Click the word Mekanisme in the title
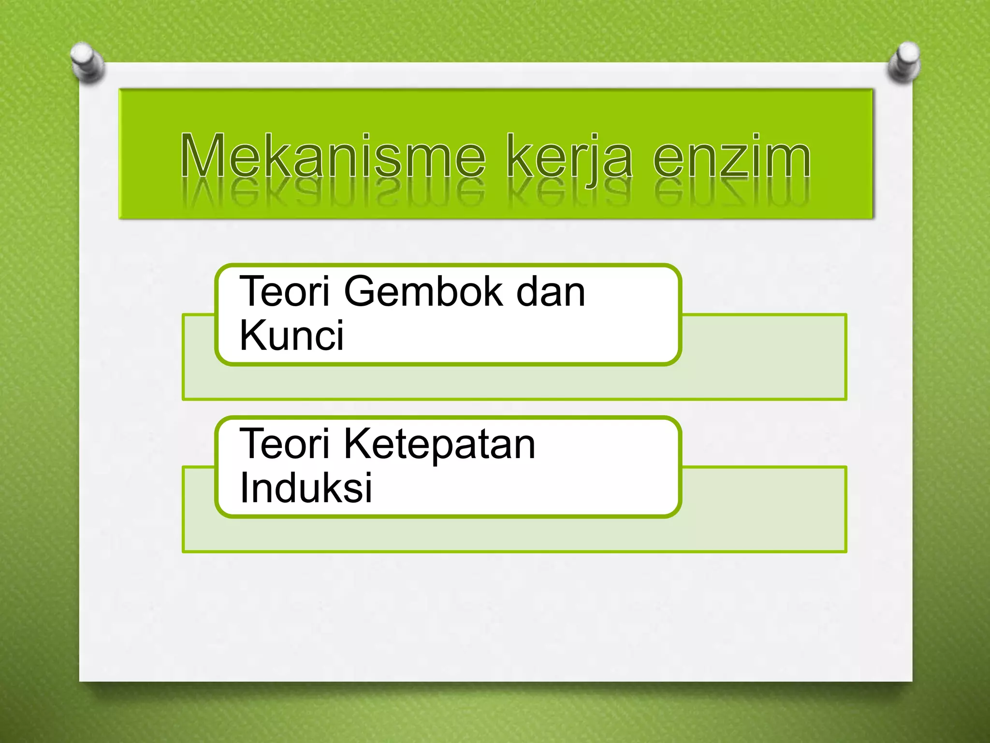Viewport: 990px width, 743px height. coord(333,156)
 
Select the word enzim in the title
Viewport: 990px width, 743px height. coord(731,156)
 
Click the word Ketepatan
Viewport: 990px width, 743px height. coord(439,444)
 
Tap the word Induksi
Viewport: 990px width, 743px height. coord(306,488)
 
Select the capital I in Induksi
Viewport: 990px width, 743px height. coord(243,488)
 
